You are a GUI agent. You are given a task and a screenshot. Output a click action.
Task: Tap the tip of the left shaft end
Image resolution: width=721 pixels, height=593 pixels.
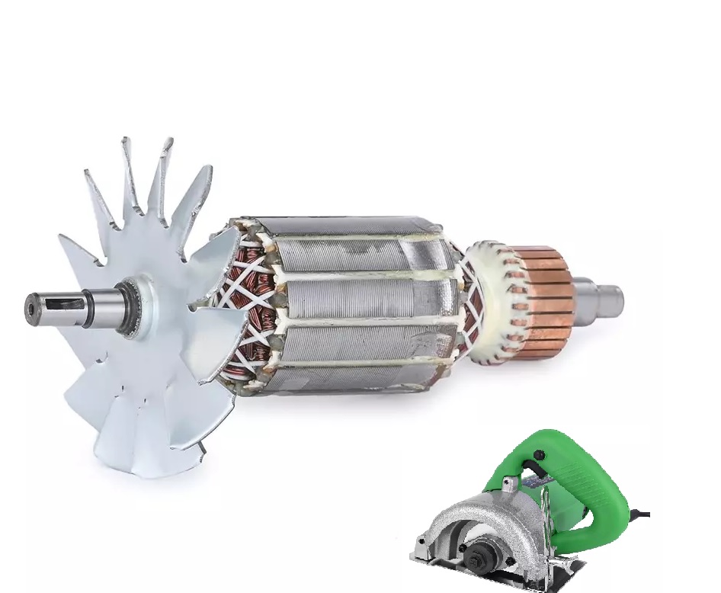tap(30, 308)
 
